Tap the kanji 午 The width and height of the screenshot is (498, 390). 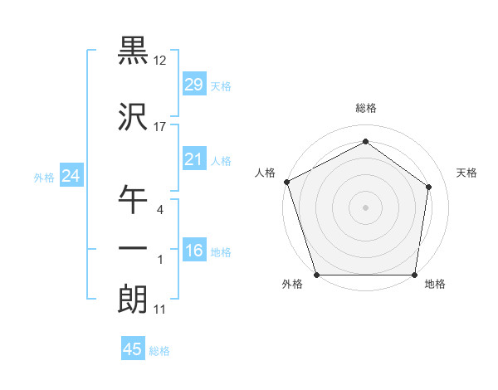(x=132, y=201)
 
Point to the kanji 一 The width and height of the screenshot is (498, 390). (x=132, y=248)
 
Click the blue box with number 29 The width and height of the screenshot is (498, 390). (x=193, y=85)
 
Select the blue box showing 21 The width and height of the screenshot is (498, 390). (x=193, y=159)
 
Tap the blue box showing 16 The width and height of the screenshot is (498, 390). (x=193, y=251)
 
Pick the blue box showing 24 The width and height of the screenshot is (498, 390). (x=71, y=176)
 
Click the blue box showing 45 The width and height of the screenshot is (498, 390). (x=133, y=349)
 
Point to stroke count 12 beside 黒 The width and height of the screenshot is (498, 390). (x=160, y=61)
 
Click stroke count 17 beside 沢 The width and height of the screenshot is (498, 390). (x=160, y=127)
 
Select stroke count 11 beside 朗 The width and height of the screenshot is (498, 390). (x=160, y=310)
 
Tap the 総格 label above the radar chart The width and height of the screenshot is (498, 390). (x=365, y=108)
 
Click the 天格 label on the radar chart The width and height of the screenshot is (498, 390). (x=467, y=173)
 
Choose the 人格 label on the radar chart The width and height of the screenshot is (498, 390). (x=266, y=173)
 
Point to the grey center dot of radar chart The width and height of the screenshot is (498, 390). (x=365, y=207)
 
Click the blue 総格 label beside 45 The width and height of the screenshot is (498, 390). (x=159, y=351)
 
